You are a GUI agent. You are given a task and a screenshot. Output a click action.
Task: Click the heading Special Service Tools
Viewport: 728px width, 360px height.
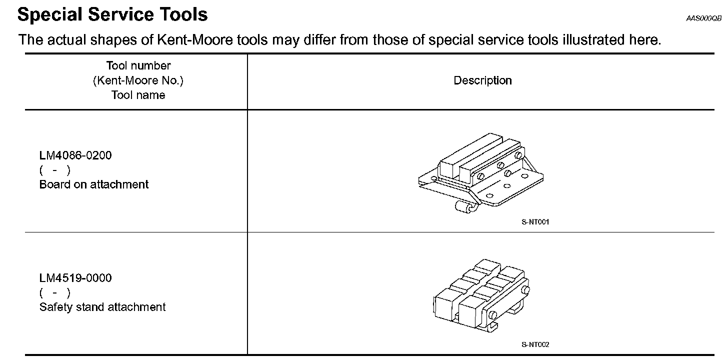[x=112, y=14]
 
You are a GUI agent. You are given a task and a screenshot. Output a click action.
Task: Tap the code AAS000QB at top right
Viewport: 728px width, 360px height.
[x=703, y=18]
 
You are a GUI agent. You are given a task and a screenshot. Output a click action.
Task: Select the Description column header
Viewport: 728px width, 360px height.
[x=482, y=80]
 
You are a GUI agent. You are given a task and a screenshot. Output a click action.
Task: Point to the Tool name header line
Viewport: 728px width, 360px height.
[x=138, y=95]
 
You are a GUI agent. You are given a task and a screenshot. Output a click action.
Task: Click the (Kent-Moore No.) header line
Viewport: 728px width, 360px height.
[x=138, y=80]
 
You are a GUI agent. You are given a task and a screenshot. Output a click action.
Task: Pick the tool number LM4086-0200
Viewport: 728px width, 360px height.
[x=75, y=155]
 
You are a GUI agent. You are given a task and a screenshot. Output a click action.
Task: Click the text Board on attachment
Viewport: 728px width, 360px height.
[x=94, y=184]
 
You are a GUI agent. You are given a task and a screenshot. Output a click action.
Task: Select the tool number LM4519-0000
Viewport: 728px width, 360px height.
[x=75, y=278]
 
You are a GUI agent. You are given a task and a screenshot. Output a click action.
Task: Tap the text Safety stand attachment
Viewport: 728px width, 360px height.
[x=102, y=307]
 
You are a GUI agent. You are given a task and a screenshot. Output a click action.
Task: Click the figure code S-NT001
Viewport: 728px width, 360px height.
[x=535, y=222]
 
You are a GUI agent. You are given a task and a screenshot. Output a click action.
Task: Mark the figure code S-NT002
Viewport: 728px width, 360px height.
[x=535, y=344]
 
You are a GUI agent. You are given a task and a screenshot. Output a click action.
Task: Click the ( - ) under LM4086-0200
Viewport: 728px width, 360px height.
[x=54, y=170]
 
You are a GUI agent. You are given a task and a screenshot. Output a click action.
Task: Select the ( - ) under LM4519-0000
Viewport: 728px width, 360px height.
[x=54, y=292]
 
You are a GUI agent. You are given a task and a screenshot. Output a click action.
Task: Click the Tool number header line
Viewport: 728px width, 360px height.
[x=138, y=65]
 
